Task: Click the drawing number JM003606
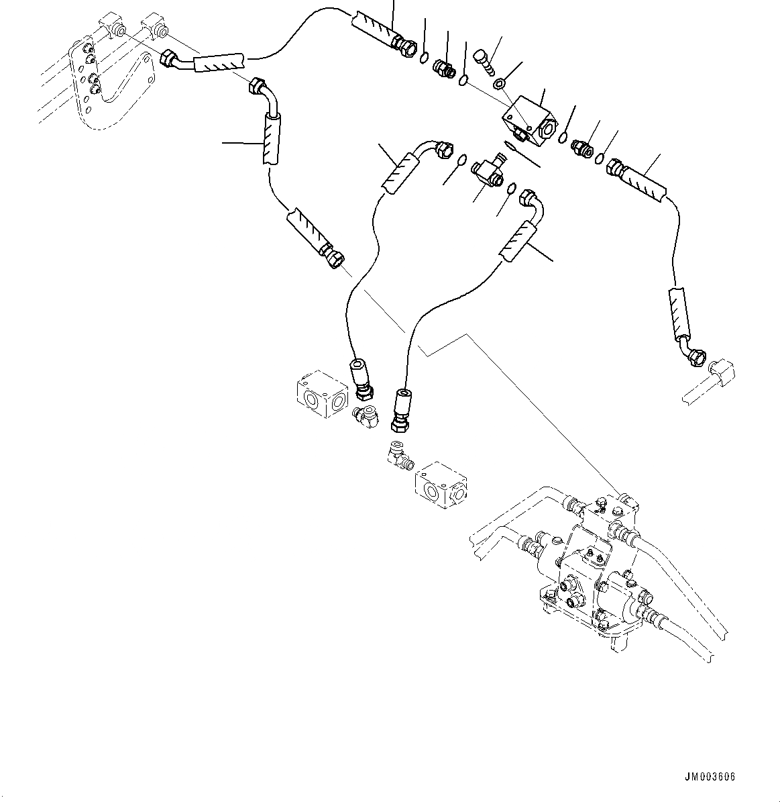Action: [710, 777]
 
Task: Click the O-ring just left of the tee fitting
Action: [462, 160]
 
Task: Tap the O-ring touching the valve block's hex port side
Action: [561, 137]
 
